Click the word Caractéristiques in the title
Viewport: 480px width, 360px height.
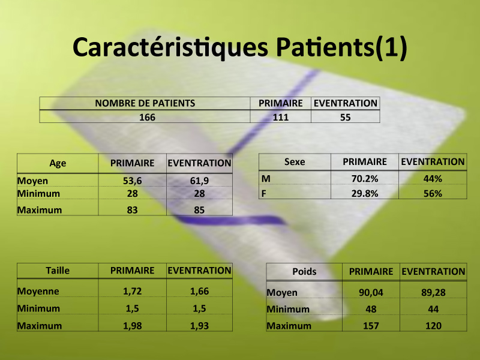[170, 47]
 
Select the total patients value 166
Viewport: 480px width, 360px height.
[147, 117]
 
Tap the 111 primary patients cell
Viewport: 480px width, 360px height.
[281, 117]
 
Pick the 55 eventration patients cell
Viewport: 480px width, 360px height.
[346, 117]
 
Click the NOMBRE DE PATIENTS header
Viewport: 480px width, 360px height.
[145, 103]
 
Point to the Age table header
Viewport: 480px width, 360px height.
[58, 163]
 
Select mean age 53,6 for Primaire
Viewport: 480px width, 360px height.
[132, 181]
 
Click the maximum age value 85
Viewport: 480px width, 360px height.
[199, 210]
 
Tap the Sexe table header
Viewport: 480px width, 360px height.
[295, 161]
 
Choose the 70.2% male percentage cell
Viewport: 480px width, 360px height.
[365, 178]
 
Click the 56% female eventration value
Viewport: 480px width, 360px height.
[433, 193]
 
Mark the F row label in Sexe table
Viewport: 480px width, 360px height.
[264, 193]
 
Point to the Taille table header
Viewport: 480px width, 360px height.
[58, 271]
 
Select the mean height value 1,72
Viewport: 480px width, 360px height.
[132, 291]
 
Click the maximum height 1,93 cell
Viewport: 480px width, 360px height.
[199, 326]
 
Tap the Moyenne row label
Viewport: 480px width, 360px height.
[38, 291]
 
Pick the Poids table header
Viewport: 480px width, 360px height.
[304, 272]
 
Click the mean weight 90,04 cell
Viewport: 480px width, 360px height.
[371, 292]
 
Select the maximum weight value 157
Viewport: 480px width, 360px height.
[371, 326]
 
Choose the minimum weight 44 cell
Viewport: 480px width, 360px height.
[433, 309]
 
